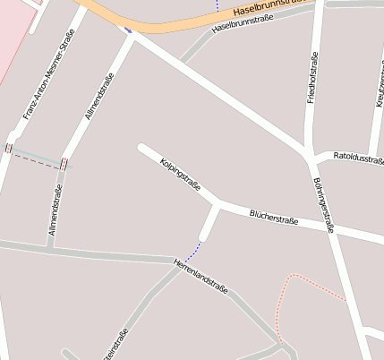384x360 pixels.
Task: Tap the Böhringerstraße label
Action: coord(324,205)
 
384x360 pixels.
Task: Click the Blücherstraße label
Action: coord(274,218)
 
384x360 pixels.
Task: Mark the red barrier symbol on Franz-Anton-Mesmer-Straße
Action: coord(9,148)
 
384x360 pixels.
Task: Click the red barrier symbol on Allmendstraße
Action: coord(64,163)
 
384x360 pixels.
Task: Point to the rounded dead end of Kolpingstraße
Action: coord(141,147)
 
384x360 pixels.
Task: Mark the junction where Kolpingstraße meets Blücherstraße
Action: coord(218,205)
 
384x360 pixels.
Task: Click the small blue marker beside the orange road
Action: coord(128,30)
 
